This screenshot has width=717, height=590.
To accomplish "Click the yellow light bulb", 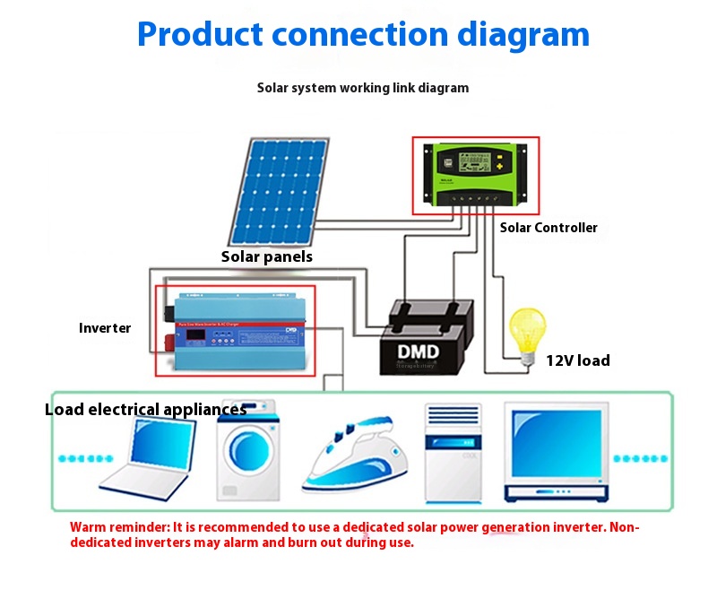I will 527,328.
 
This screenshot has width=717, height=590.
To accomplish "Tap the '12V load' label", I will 578,360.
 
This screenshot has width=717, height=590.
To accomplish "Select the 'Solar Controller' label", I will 549,228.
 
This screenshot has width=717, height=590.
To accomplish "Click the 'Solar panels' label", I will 267,256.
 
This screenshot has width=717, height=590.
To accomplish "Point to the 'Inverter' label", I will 105,328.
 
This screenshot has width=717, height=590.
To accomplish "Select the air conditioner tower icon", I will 453,452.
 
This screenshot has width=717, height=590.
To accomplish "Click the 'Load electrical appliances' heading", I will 145,410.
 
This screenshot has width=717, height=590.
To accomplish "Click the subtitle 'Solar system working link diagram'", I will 363,88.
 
